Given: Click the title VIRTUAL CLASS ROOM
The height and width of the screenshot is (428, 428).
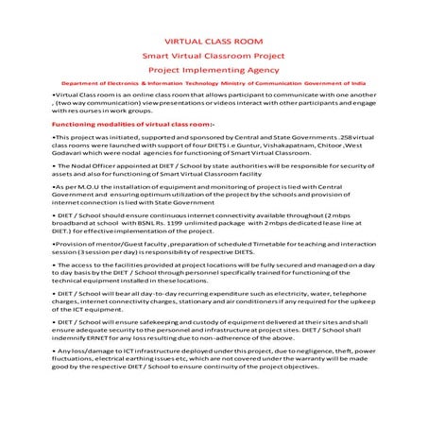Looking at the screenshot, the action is click(214, 43).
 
